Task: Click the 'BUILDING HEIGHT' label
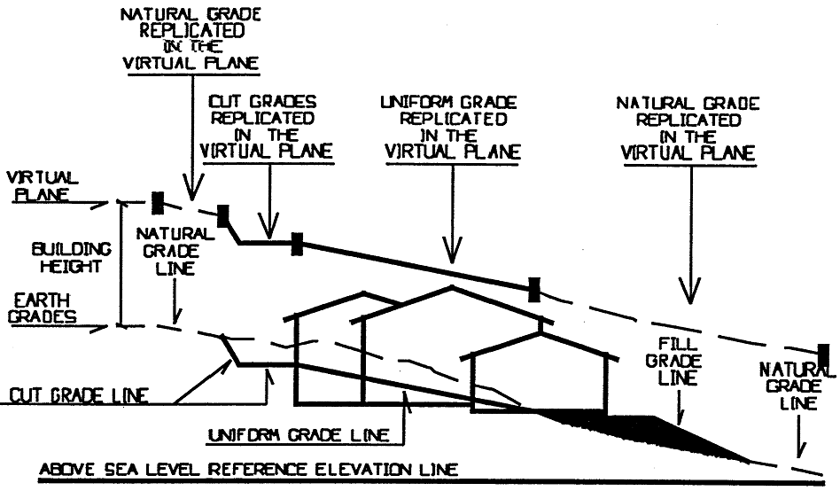click(59, 258)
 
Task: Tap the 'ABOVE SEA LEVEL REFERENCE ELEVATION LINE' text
click(250, 470)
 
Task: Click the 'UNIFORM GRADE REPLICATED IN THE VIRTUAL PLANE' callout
click(452, 129)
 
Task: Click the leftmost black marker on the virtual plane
click(158, 202)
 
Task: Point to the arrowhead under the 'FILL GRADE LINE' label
click(681, 419)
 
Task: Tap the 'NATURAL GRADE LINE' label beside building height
click(175, 251)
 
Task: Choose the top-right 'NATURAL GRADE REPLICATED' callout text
click(688, 129)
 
